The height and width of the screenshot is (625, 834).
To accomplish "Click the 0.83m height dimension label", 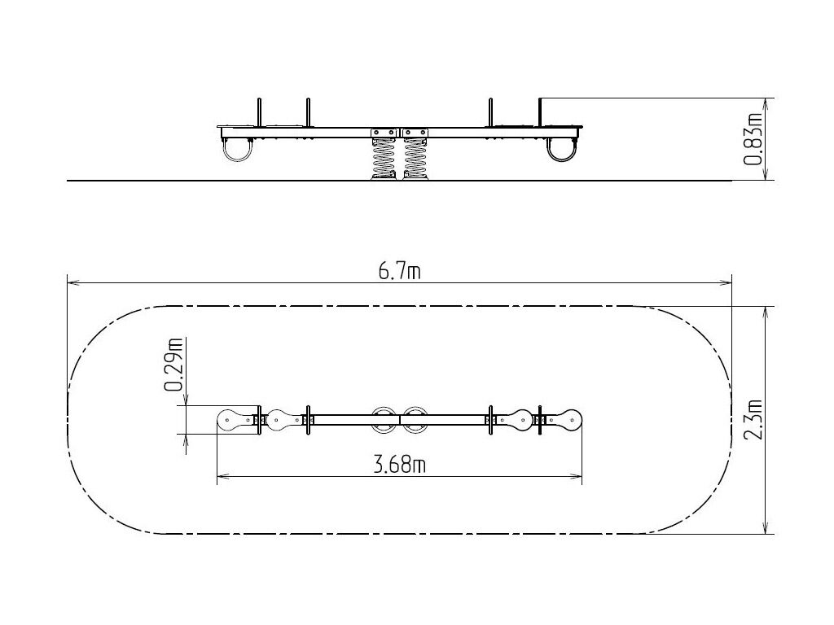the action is (753, 139).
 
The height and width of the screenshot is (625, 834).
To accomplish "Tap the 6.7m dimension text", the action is (399, 272).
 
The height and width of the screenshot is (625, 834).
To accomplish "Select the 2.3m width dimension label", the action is (753, 419).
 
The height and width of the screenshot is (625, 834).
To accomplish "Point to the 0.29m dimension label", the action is (174, 365).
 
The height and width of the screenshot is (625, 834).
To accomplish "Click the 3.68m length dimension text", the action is (399, 465).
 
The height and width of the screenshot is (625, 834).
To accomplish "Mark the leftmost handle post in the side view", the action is (260, 112).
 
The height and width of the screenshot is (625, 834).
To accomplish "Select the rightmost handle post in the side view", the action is (539, 112).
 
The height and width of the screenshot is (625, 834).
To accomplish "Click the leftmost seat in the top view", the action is (237, 420).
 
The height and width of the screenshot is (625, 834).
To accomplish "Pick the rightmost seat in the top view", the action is (564, 420).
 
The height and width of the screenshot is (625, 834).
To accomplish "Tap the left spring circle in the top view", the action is (383, 409).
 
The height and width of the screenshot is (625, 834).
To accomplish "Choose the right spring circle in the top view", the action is (415, 409).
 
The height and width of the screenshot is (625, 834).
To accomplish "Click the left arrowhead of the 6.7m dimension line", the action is (72, 283).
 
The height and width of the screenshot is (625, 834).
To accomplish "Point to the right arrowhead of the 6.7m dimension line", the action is (726, 283).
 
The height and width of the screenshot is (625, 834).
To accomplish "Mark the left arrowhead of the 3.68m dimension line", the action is (223, 477).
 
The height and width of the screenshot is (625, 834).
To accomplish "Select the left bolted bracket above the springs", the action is (384, 133).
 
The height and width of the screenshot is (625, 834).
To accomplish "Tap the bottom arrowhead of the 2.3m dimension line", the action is (766, 527).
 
